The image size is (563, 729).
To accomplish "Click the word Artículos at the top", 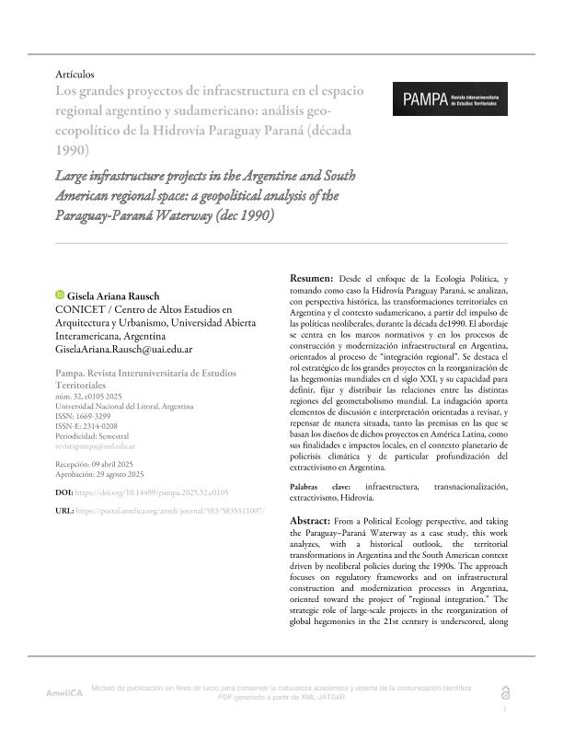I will (x=75, y=74).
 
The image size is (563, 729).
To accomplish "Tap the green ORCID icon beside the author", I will (x=62, y=295).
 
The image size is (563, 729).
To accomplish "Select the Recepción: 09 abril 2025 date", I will (x=98, y=464).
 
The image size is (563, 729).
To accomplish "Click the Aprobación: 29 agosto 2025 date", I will (x=101, y=474).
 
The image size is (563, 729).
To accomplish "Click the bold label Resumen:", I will (x=311, y=277).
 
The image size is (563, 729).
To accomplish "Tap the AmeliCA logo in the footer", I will (x=64, y=691).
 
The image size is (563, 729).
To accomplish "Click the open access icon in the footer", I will (x=503, y=692).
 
